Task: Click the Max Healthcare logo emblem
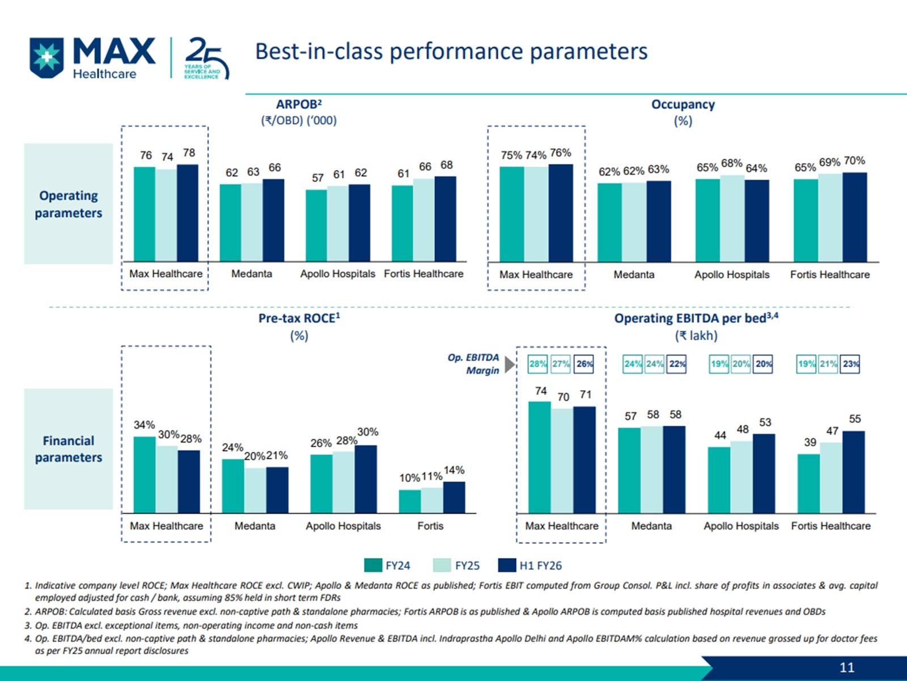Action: pos(46,57)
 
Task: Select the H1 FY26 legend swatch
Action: pos(507,565)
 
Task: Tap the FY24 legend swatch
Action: pos(373,565)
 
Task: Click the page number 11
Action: pos(847,667)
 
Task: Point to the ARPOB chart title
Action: pos(299,105)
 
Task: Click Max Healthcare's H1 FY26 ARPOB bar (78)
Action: pos(188,213)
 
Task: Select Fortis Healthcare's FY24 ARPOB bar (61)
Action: pos(402,223)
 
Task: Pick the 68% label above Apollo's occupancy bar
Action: pos(731,163)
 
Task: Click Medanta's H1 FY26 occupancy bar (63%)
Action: pos(658,221)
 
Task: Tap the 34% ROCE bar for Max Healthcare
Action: pos(145,475)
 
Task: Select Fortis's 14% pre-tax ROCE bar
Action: pos(454,497)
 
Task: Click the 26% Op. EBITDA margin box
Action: pos(584,364)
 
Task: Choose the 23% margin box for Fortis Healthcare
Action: pos(850,364)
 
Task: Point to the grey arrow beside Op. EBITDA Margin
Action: pos(510,365)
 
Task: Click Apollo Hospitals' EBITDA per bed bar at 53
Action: pos(764,473)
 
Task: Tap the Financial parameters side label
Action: pos(69,449)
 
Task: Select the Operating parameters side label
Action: pos(69,204)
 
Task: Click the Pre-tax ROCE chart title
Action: pos(299,319)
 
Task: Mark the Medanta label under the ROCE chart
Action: pos(255,526)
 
